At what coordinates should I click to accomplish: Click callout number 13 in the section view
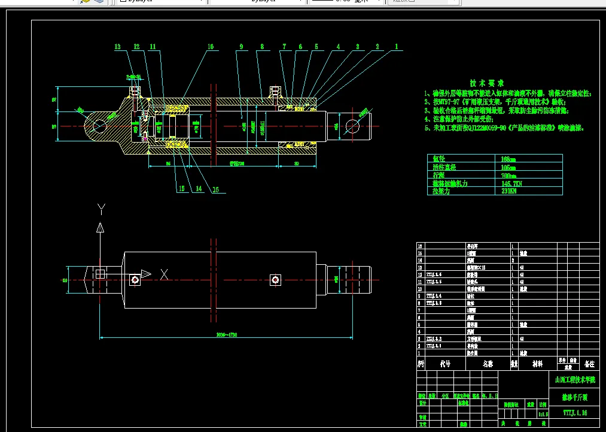point(118,47)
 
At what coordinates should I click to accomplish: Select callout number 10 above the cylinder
point(210,47)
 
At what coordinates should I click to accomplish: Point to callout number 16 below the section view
point(215,189)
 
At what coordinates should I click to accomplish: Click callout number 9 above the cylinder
point(240,47)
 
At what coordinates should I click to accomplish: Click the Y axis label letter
point(101,209)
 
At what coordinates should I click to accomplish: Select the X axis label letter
point(163,274)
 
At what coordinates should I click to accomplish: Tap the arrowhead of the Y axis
point(101,227)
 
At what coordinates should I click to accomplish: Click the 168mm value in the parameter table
point(509,159)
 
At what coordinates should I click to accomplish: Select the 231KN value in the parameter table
point(509,191)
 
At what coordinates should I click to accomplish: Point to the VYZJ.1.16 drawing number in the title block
point(575,412)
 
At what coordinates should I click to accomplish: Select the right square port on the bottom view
point(275,279)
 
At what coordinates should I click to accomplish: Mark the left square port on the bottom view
point(135,279)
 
